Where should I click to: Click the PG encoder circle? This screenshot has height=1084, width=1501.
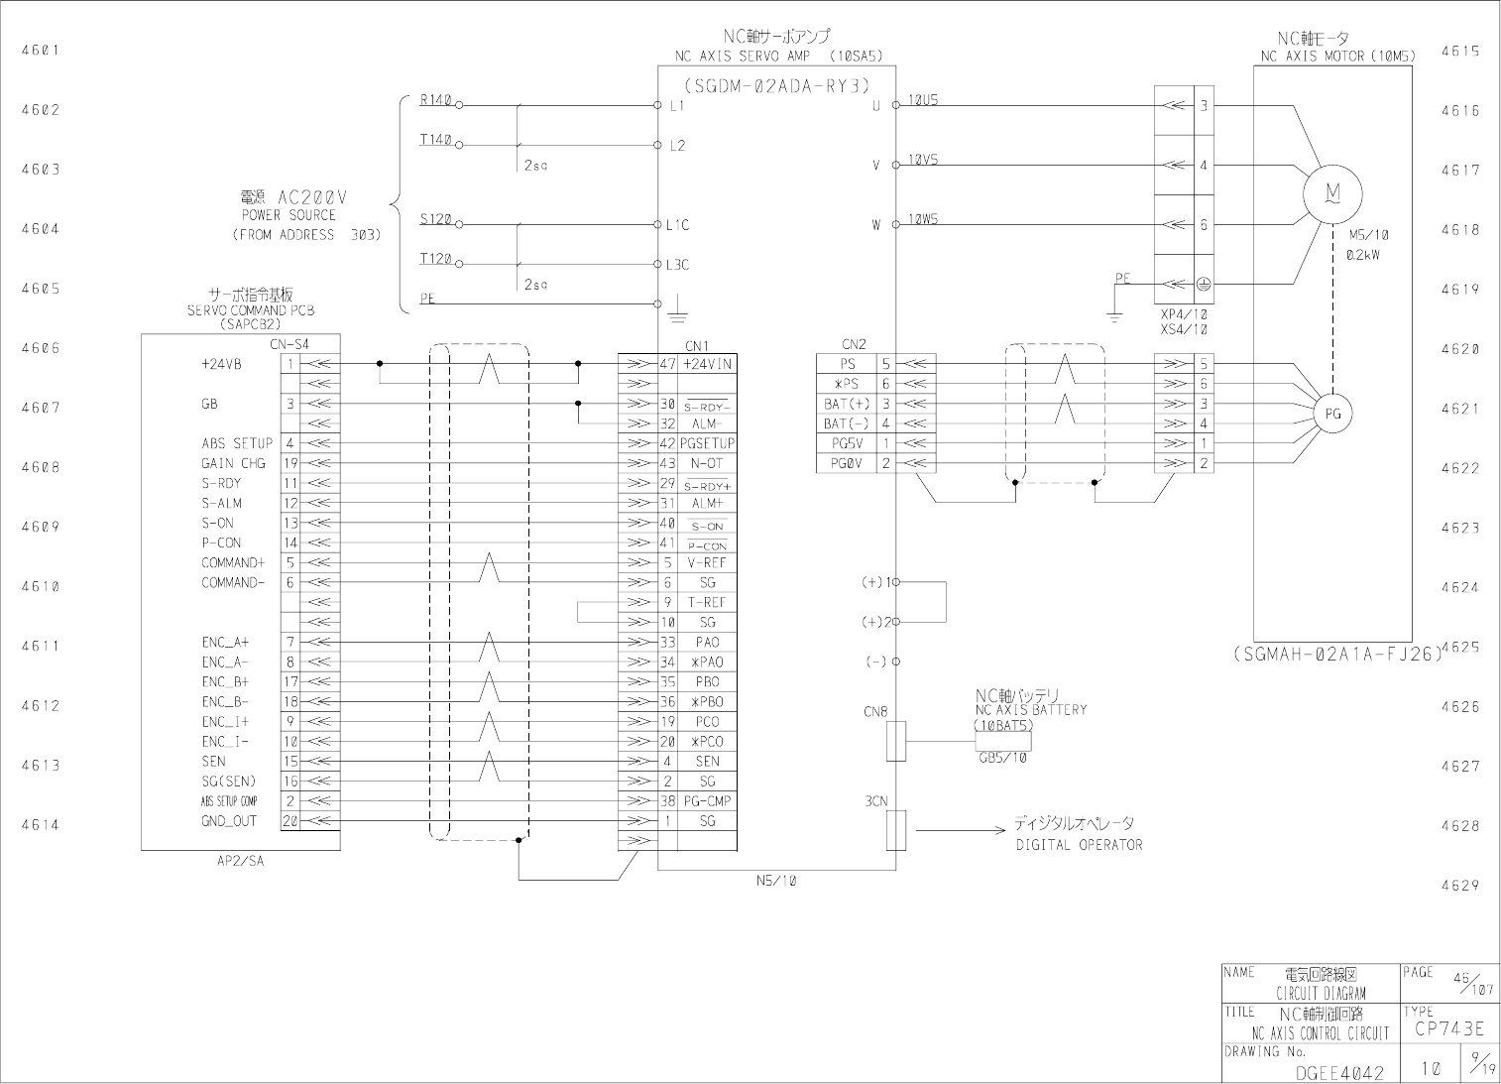[1332, 414]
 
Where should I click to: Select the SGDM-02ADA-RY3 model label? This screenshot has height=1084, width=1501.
[776, 84]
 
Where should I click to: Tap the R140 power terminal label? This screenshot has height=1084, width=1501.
[435, 100]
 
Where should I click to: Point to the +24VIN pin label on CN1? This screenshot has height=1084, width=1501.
[708, 364]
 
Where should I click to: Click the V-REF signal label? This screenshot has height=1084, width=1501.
[707, 562]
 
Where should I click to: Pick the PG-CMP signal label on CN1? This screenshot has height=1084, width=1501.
[707, 800]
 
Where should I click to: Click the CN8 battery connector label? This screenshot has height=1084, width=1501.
[875, 711]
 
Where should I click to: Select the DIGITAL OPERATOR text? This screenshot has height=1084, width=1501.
[1079, 845]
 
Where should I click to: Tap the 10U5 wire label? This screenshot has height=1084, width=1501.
[923, 100]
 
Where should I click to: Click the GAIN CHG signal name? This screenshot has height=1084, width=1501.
[233, 463]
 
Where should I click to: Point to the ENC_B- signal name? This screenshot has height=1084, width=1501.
[226, 701]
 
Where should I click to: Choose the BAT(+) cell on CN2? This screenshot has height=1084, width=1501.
[846, 404]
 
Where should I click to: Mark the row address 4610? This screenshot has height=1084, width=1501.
[41, 586]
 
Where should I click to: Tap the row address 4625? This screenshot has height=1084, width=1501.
[1459, 648]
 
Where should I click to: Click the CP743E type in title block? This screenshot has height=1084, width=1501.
[1448, 1029]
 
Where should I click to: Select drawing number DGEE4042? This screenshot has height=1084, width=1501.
[1339, 1072]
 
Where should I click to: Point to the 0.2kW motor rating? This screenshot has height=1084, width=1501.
[1362, 255]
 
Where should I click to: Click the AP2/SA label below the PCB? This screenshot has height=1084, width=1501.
[240, 861]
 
